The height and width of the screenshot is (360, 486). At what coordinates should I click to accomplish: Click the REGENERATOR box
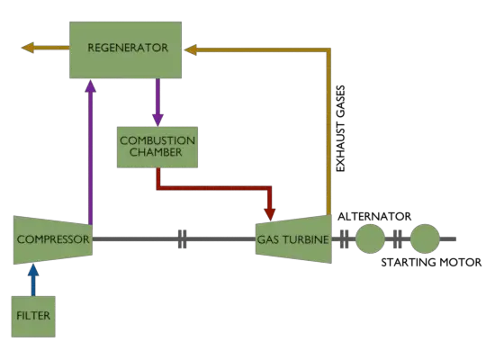(127, 48)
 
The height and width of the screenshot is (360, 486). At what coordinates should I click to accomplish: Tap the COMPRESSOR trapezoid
(52, 239)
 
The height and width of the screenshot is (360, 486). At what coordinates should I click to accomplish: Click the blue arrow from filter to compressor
(33, 279)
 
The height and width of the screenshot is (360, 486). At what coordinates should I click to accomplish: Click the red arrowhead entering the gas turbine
(270, 212)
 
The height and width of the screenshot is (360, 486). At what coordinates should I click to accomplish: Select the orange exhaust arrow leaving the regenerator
(36, 48)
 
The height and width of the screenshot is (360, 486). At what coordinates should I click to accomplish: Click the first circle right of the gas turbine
(369, 239)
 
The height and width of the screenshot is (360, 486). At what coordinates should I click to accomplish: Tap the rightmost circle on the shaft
(425, 239)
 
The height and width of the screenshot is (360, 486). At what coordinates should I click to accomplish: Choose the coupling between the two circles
(397, 239)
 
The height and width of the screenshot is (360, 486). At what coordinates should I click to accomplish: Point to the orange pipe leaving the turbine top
(328, 135)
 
